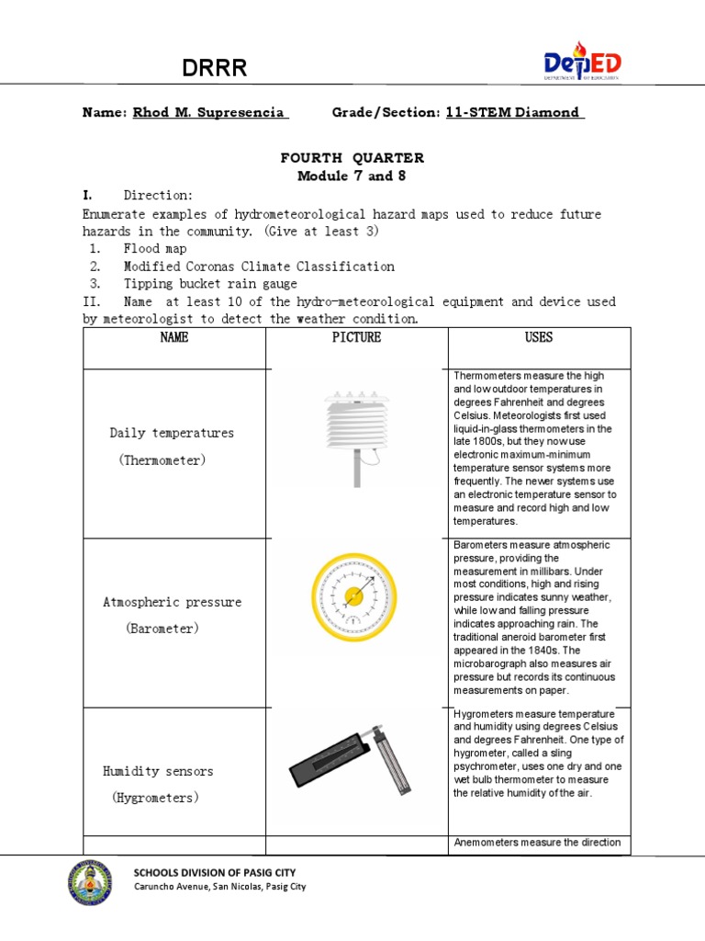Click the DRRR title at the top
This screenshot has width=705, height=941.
213,67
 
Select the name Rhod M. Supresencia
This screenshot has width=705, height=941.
210,112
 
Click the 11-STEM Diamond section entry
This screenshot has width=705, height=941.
513,112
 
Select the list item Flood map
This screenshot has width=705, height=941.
155,249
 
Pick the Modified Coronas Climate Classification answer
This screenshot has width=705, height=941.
259,266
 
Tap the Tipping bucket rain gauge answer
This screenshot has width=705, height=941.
210,284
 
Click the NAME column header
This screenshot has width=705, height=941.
174,337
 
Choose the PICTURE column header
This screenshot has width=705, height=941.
356,337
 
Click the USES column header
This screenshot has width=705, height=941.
539,337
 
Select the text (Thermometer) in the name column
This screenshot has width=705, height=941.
162,459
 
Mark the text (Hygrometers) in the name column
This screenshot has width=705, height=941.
155,798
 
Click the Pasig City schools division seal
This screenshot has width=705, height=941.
90,883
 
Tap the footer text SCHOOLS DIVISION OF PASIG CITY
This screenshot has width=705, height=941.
215,872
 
